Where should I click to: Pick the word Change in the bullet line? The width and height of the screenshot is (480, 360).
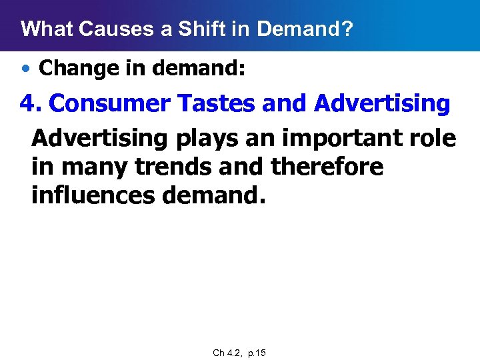tap(73, 67)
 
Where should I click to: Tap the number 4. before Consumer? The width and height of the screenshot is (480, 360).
tap(31, 103)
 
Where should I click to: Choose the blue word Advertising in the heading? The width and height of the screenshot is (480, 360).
tap(383, 103)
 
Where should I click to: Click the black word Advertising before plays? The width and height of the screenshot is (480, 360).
tap(100, 139)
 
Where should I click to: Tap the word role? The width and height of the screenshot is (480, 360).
tap(433, 139)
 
